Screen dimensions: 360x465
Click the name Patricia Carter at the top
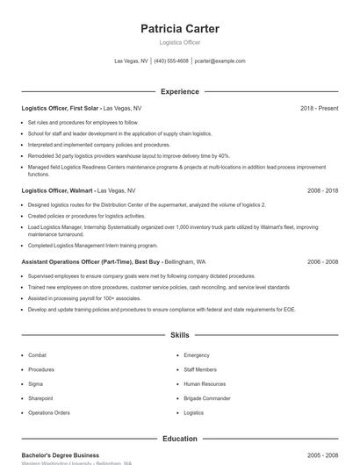[180, 29]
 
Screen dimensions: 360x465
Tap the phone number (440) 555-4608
[171, 61]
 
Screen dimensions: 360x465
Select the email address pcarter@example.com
[220, 61]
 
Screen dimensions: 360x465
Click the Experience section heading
[180, 91]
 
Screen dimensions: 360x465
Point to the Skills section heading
[180, 335]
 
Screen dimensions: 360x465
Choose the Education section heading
[180, 439]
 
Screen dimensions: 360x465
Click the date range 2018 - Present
[319, 108]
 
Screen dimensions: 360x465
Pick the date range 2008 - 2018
[322, 190]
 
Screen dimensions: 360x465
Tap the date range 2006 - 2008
[322, 261]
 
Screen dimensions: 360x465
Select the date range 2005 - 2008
[322, 455]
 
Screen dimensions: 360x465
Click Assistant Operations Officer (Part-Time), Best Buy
[90, 261]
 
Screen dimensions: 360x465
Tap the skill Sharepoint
[40, 398]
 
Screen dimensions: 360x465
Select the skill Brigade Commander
[206, 398]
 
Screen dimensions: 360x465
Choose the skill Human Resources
[204, 383]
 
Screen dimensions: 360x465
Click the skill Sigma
[35, 383]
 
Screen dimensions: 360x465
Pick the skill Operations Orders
[48, 412]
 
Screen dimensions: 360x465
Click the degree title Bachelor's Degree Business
[60, 455]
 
